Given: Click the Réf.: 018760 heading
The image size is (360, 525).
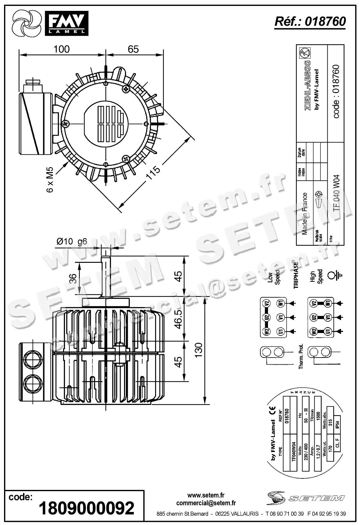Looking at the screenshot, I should point(310,21).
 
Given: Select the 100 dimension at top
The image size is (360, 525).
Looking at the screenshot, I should point(62,49).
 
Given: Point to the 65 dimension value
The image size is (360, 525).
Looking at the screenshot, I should point(133,49).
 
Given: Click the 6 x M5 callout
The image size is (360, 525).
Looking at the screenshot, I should point(50,180).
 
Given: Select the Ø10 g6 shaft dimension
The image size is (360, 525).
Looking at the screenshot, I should point(72,241).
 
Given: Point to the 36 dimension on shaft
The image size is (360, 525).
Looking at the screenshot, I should point(73,278).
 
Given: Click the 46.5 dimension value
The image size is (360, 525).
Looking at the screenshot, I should point(178,319).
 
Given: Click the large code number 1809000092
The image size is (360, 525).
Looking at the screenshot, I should point(86,508).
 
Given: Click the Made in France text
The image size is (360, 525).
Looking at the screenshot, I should point(305,213).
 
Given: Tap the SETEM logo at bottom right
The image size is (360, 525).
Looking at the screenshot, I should point(306,498).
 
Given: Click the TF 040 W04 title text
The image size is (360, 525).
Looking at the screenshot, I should point(336,193).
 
